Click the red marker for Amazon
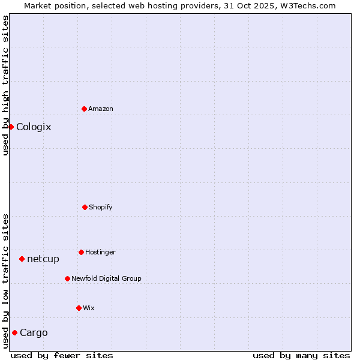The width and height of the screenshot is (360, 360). [x=84, y=109]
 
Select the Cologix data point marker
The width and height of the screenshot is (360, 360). [x=11, y=127]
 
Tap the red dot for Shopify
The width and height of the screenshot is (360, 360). [x=85, y=207]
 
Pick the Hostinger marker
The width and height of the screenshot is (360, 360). [x=81, y=252]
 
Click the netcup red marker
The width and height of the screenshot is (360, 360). [x=22, y=259]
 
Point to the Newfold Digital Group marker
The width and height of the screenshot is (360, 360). [x=67, y=278]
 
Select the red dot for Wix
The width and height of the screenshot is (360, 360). [x=79, y=308]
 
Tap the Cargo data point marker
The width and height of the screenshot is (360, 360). [x=14, y=332]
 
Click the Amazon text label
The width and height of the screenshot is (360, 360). [x=101, y=109]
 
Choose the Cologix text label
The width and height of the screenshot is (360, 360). [x=34, y=127]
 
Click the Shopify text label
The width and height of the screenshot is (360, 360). [x=101, y=207]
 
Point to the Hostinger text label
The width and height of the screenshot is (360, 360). [x=100, y=252]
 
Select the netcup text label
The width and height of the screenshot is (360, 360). [x=43, y=259]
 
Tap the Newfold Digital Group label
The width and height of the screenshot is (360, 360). [x=106, y=278]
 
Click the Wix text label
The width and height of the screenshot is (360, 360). [x=89, y=308]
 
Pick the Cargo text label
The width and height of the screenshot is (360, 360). [x=34, y=332]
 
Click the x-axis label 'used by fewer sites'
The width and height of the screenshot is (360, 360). [x=62, y=355]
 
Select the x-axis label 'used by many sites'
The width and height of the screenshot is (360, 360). [x=301, y=355]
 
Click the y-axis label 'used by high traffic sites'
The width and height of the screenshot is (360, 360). [x=5, y=85]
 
